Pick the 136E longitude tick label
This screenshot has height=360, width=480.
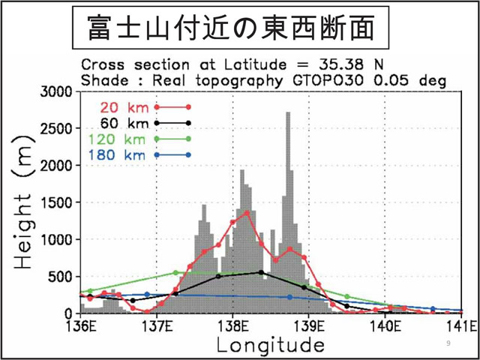point(80,326)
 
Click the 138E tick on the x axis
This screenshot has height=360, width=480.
point(232,326)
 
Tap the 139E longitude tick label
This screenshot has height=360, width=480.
point(309,326)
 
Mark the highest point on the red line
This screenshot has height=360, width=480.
point(247,212)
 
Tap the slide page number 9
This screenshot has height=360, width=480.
point(448,343)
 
